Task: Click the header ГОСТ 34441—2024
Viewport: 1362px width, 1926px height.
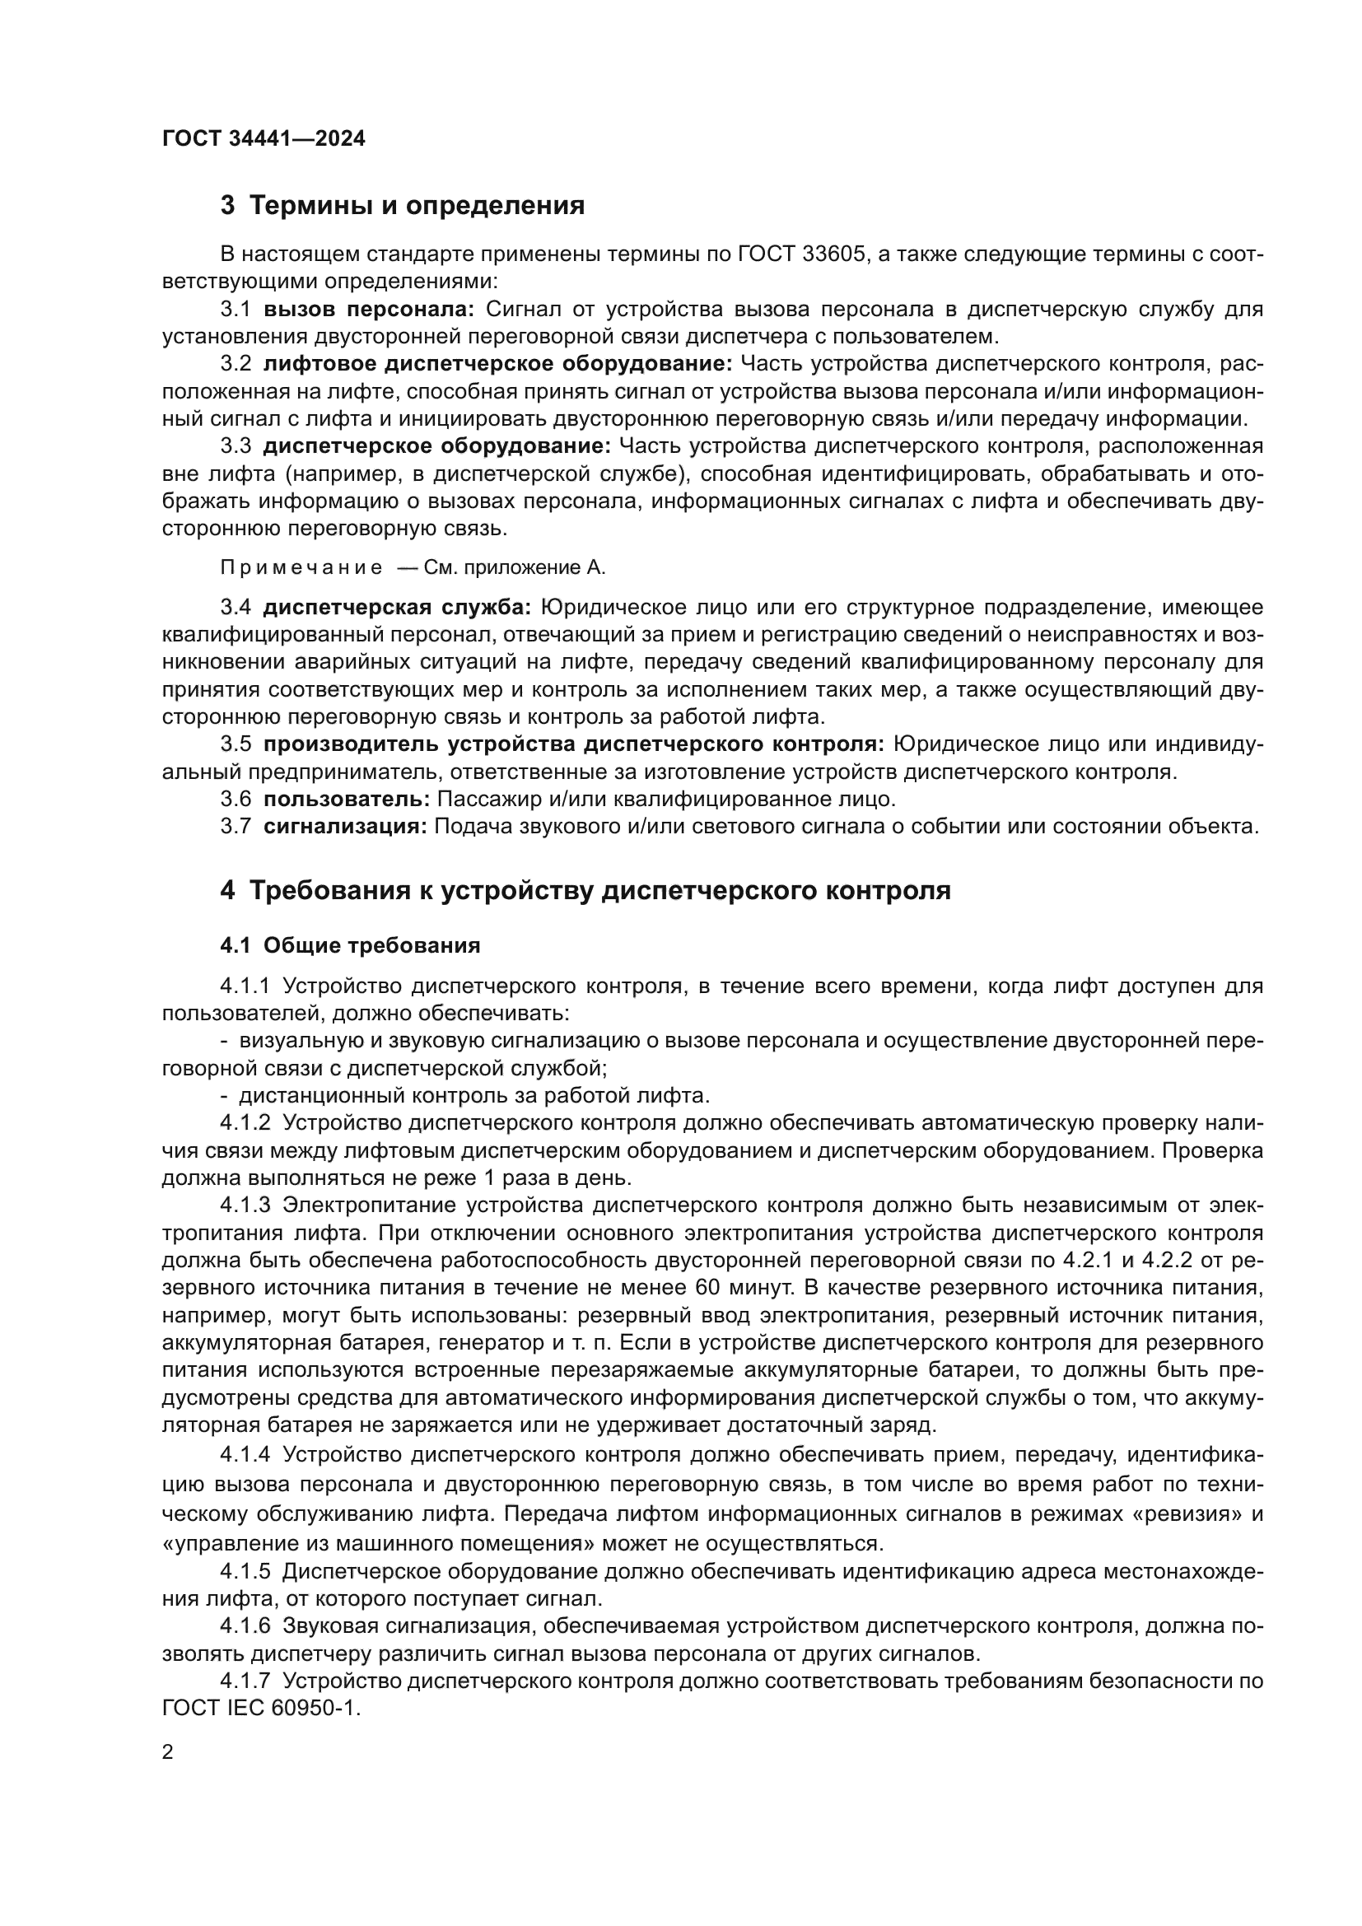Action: pos(264,139)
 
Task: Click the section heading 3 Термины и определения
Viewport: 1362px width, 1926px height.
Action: pos(403,206)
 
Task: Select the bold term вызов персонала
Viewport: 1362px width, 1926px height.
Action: pos(369,310)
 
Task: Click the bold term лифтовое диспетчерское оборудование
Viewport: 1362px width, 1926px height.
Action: pos(498,364)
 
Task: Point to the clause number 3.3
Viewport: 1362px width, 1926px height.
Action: pos(236,446)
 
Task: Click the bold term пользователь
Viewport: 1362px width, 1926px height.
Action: pos(347,799)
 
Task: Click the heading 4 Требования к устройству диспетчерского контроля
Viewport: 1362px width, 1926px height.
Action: pos(585,890)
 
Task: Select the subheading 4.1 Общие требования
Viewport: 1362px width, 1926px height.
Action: pos(350,945)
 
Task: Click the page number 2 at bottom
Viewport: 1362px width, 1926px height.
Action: pos(168,1752)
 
